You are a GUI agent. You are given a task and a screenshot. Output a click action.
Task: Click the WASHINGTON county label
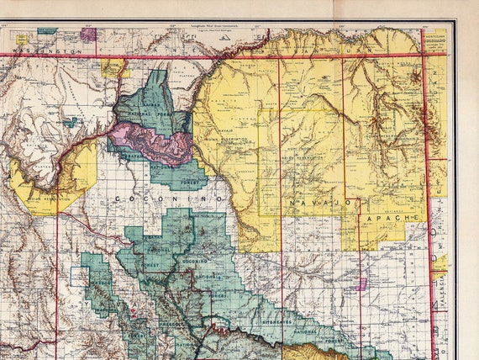[52, 51]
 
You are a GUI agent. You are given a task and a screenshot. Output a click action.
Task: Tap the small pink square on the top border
[87, 34]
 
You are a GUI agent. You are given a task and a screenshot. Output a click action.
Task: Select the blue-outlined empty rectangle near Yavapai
[78, 275]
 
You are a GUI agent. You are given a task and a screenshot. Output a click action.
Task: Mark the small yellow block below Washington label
[115, 67]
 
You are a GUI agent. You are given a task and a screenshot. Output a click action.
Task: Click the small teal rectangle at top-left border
[47, 30]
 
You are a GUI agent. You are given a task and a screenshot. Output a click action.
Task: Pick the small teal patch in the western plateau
[71, 123]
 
